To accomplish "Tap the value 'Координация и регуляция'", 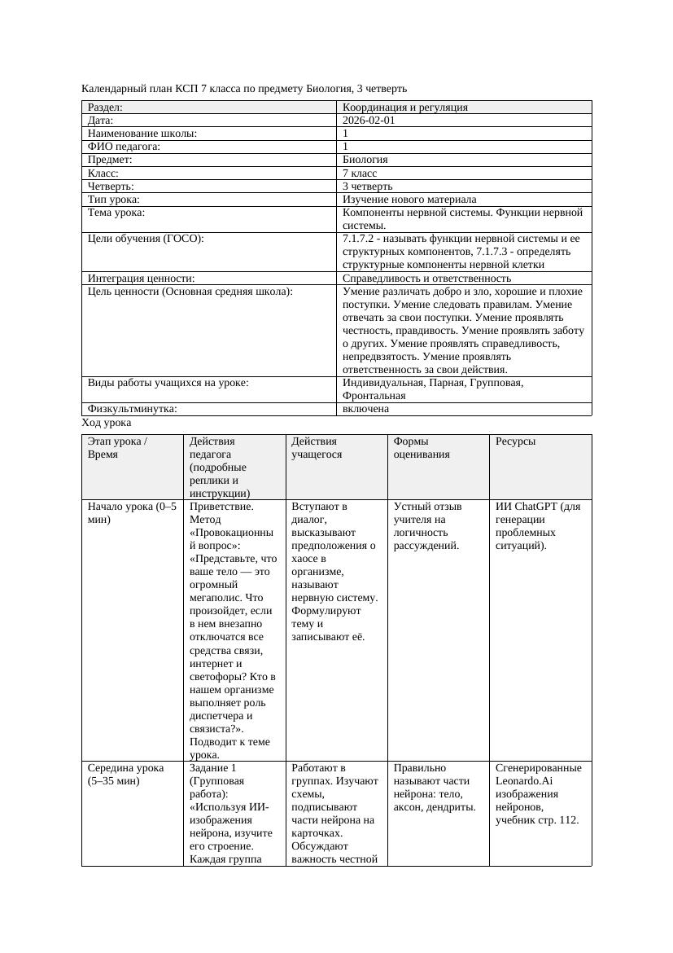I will coord(404,108).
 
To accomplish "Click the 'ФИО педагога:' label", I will coord(124,147).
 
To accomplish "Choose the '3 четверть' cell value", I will coord(367,187).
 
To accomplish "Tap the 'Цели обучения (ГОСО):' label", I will coord(146,239).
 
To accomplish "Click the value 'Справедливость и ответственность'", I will coord(426,279).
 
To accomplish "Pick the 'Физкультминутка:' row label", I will coord(132,409).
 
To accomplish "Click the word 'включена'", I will coord(365,409).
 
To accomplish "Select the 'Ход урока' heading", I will coord(107,423).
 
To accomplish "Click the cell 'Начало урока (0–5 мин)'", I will coord(131,513).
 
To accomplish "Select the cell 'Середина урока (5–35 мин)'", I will coord(125,775).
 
